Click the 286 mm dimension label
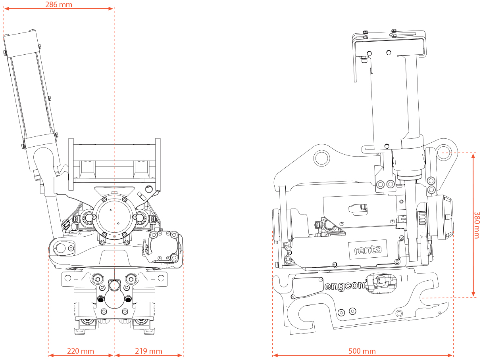59,4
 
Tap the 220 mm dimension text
81,351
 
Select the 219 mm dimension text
149,351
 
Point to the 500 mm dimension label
362,351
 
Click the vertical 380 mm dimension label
477,224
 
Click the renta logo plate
367,249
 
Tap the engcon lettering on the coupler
344,285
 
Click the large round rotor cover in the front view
114,218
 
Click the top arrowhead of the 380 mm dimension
473,155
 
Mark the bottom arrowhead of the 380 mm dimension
473,295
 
